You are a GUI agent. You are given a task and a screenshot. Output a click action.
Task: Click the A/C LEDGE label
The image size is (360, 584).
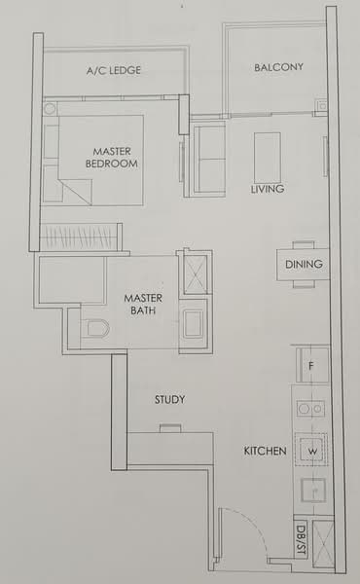[114, 71]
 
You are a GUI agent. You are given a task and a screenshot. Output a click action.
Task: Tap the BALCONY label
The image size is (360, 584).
[278, 67]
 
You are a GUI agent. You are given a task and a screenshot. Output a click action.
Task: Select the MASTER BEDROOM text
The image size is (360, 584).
[114, 158]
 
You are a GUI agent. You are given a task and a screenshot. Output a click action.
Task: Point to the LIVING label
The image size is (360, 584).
[267, 189]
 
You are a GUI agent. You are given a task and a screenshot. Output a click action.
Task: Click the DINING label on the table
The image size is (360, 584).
[304, 264]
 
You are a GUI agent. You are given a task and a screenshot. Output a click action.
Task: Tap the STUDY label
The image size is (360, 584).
[169, 400]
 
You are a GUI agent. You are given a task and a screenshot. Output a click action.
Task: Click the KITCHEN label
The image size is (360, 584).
[265, 452]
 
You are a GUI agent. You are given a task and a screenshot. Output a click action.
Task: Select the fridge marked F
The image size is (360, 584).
[311, 366]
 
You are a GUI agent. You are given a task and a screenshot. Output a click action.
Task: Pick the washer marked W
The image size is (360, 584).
[313, 452]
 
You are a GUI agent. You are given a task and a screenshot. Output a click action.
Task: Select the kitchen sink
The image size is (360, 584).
[313, 491]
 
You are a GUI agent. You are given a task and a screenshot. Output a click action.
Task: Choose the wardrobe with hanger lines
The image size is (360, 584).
[82, 236]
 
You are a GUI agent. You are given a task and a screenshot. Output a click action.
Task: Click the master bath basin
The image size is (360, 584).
[193, 322]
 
